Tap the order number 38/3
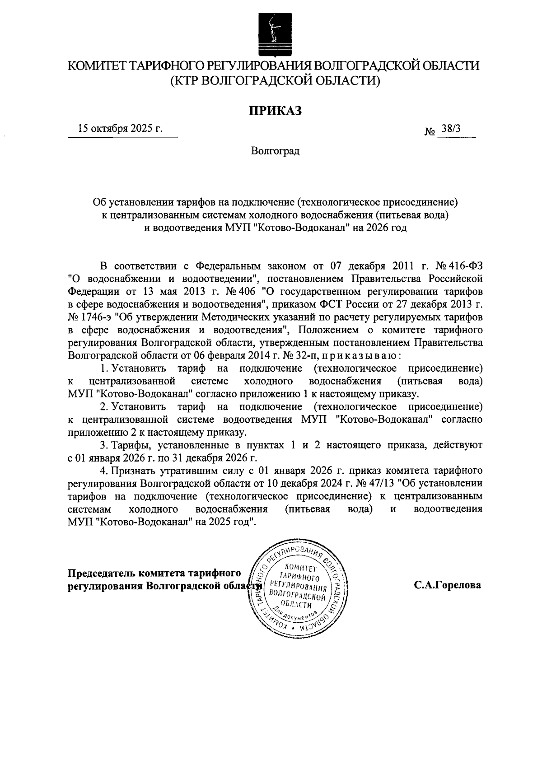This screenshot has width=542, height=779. click(451, 129)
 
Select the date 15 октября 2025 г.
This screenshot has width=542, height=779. click(120, 128)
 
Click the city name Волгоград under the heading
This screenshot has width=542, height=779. click(276, 151)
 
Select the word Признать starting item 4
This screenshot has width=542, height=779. click(132, 471)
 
